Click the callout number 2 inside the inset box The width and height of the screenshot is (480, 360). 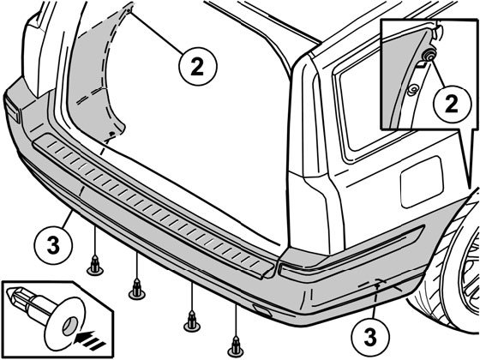pos(451,104)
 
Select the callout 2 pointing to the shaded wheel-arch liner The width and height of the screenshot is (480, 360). pos(197,66)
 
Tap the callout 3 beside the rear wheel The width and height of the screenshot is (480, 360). pos(370,338)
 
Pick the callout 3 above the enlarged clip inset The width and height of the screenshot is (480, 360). pos(53,245)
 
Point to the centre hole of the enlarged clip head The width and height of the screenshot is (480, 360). pos(70,326)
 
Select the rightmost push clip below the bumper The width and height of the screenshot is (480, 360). pos(236,346)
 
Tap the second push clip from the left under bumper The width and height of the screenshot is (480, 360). pos(137,290)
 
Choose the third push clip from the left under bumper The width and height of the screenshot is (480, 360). pos(192,321)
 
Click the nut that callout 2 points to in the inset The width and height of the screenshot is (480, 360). pos(428,56)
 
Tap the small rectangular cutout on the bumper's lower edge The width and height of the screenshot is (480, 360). pos(261,311)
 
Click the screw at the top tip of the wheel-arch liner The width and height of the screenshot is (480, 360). pos(129,10)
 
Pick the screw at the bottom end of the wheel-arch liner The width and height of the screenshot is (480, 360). pos(112,134)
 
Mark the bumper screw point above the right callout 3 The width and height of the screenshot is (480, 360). pos(377,286)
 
